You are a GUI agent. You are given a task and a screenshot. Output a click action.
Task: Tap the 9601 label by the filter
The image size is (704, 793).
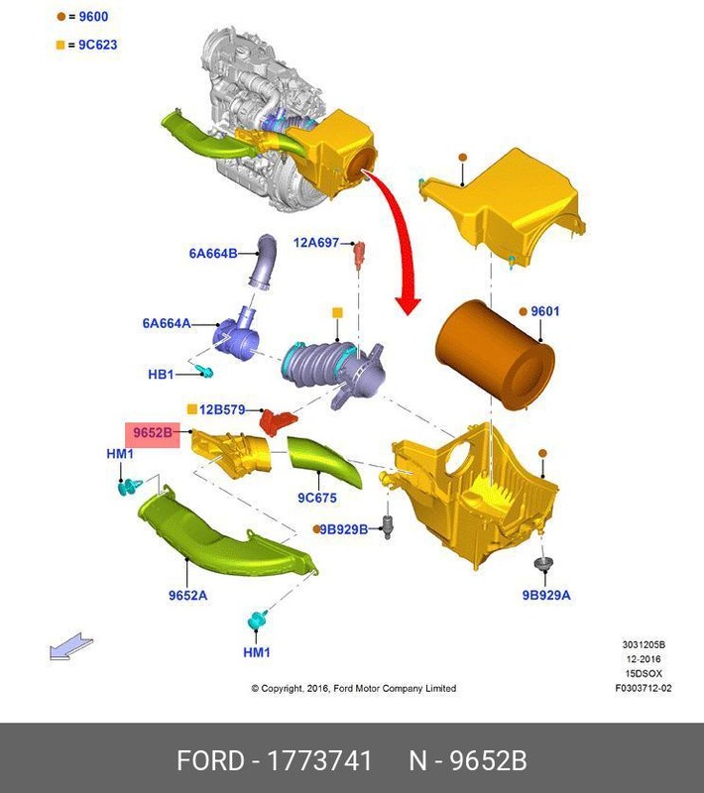click(x=544, y=311)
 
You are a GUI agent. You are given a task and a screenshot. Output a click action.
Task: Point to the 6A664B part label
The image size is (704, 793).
click(x=213, y=254)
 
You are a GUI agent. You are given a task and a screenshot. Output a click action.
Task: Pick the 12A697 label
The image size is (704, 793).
click(x=316, y=242)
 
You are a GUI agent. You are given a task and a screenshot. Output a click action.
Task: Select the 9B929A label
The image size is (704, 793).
click(x=546, y=595)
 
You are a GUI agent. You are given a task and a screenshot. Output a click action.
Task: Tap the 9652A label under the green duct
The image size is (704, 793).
click(x=187, y=595)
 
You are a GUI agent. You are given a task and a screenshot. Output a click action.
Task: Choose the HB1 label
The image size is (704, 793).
click(x=161, y=375)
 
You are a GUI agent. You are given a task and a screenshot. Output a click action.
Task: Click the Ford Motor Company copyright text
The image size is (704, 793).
click(x=353, y=688)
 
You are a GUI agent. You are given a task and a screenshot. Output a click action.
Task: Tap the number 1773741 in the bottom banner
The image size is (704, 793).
click(x=315, y=760)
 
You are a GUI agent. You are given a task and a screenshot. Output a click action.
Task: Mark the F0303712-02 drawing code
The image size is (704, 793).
click(x=643, y=688)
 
